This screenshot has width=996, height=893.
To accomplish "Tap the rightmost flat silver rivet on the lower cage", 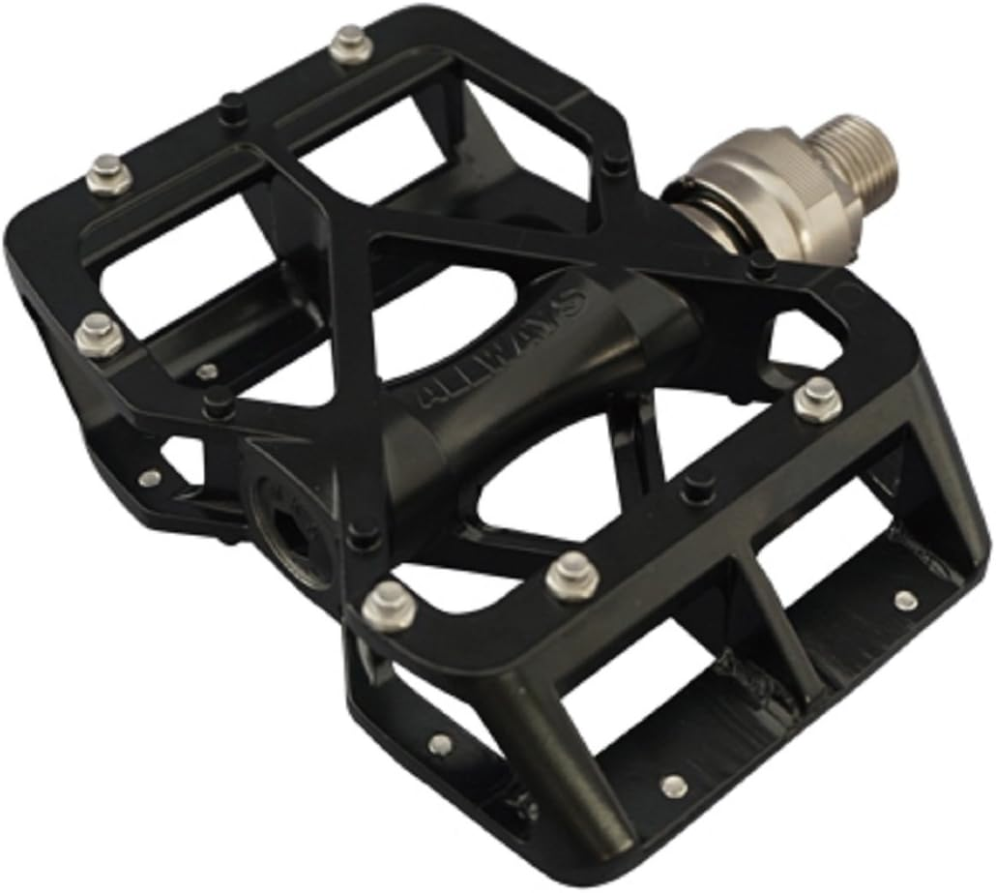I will tap(905, 600).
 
